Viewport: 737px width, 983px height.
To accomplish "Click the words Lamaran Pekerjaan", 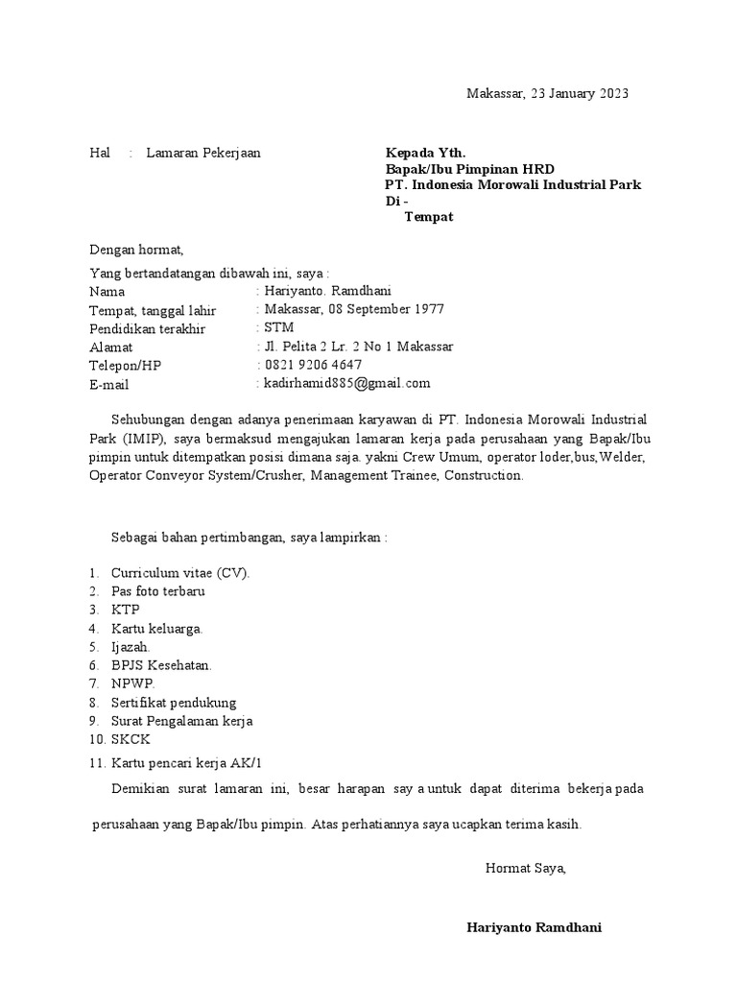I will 202,153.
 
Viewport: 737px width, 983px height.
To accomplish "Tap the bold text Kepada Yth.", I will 425,153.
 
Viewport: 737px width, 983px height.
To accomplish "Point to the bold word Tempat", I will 428,217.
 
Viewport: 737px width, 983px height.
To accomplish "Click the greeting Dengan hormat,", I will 135,250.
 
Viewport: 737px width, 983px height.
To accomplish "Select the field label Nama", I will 107,292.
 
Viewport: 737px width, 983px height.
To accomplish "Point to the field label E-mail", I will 108,384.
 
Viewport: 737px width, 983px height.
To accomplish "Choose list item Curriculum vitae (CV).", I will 179,573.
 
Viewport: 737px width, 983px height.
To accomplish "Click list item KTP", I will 125,610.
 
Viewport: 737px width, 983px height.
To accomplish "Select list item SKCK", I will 131,739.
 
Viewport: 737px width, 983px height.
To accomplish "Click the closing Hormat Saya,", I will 526,868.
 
